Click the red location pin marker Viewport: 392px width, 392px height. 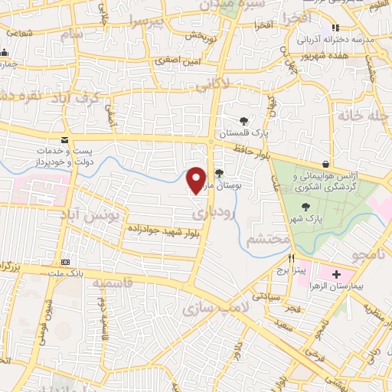tap(197, 179)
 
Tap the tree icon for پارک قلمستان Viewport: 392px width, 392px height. tap(243, 120)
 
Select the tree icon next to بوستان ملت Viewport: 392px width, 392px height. tap(220, 172)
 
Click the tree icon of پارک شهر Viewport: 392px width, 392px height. tap(306, 207)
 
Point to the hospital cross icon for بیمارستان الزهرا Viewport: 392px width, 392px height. tap(336, 273)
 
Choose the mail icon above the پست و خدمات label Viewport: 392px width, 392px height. tap(64, 140)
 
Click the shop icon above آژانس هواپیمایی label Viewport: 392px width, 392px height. tap(326, 164)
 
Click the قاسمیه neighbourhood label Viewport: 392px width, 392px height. tap(113, 284)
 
